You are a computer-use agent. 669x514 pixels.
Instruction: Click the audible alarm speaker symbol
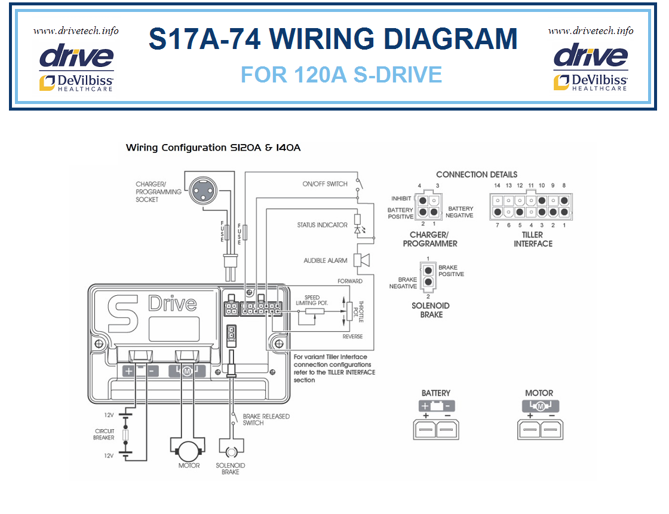point(362,261)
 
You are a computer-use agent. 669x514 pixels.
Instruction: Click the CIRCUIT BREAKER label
point(104,435)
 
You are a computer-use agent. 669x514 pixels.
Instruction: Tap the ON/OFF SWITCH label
point(324,184)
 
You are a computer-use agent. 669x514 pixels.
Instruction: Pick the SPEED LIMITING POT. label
point(312,301)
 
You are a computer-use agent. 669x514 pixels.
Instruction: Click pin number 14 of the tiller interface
point(496,186)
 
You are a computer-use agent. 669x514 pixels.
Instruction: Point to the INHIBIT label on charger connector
point(401,198)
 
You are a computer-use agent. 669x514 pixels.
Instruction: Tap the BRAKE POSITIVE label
point(451,271)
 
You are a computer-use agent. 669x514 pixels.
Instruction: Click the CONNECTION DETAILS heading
point(477,175)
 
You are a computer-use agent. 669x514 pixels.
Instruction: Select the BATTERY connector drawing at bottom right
point(436,427)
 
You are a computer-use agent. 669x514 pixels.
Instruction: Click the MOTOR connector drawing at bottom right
point(539,427)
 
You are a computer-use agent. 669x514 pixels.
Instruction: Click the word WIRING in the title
point(321,39)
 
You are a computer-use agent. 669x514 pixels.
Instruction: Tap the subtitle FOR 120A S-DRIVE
point(341,75)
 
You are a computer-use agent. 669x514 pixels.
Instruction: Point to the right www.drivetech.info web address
point(590,30)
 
